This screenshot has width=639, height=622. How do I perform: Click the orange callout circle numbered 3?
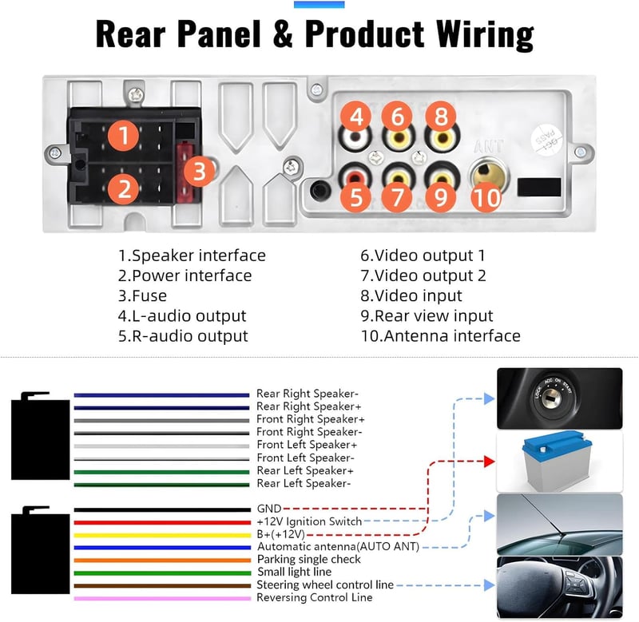(199, 171)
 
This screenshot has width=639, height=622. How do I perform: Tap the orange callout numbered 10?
(486, 197)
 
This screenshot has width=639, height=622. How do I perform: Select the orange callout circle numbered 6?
(397, 117)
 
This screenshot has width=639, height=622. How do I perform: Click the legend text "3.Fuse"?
(143, 295)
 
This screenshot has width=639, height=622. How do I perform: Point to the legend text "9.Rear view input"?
(427, 315)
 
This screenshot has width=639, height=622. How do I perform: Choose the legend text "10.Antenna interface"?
(441, 335)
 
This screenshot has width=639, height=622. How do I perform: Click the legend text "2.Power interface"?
(185, 275)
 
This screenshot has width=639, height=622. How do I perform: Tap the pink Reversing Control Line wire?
(162, 598)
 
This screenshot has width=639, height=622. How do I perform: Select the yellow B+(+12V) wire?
(162, 535)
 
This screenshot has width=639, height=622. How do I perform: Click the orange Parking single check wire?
(162, 561)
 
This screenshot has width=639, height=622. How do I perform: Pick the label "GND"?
(269, 509)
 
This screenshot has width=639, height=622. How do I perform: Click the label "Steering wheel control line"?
(325, 585)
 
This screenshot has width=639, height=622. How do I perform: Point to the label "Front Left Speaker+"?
(307, 445)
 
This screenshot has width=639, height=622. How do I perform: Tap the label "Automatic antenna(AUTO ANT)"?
(338, 547)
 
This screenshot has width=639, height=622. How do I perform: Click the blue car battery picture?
(559, 461)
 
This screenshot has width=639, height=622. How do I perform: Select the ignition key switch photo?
(560, 398)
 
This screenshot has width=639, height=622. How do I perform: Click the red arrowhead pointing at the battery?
(489, 462)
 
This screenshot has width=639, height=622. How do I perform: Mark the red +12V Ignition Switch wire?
(162, 523)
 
